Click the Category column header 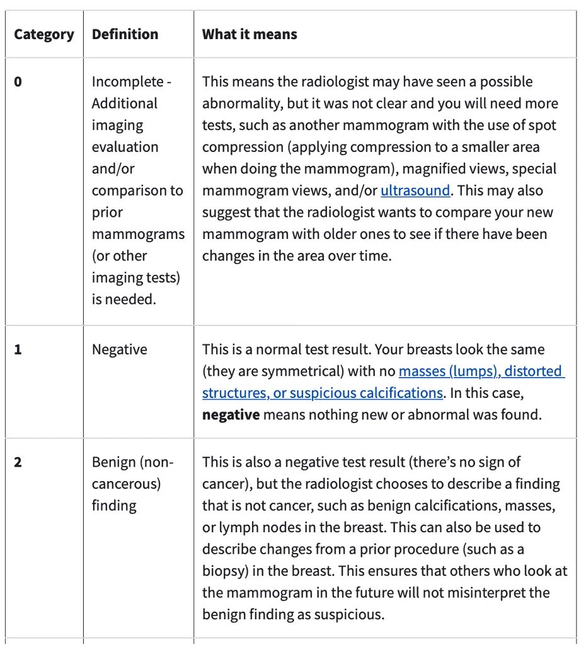43,34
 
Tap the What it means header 250,34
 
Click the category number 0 18,82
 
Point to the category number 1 18,349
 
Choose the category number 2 18,462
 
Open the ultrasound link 415,190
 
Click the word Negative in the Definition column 120,349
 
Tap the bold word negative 231,414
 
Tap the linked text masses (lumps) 449,371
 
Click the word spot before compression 544,125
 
